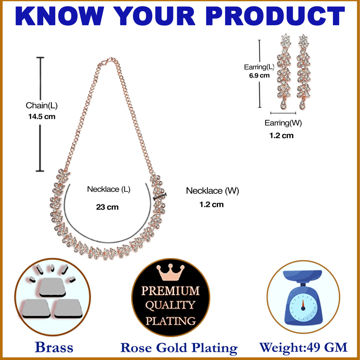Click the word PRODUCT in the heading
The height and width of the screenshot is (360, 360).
275,16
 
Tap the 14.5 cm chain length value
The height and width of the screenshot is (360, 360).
42,116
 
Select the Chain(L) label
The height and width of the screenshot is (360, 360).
41,105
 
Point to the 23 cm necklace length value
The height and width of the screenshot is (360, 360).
107,207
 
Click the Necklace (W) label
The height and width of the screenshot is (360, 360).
212,191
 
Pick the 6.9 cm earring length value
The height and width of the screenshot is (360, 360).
259,76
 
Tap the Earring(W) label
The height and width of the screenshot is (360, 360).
283,123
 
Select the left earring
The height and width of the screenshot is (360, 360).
284,72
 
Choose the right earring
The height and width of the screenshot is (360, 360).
303,72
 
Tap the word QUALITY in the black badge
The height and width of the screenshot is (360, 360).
170,306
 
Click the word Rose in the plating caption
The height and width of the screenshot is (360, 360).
136,348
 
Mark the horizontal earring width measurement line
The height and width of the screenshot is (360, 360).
283,113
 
